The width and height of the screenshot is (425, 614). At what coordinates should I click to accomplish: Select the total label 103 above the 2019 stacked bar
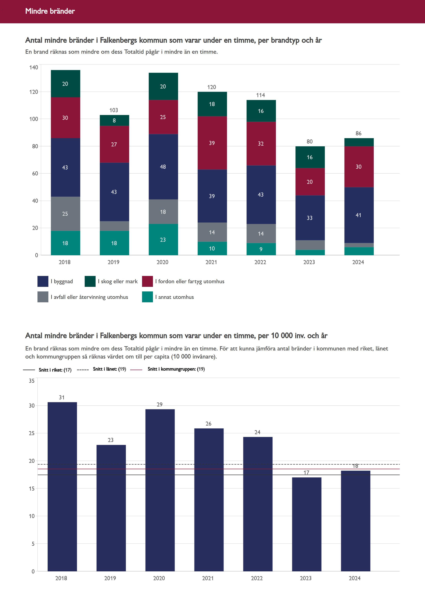click(114, 110)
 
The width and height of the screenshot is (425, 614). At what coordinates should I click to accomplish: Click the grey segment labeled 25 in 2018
click(65, 214)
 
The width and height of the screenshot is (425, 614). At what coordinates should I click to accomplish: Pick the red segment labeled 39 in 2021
click(212, 143)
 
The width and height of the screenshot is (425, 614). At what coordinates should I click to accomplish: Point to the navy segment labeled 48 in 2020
click(163, 167)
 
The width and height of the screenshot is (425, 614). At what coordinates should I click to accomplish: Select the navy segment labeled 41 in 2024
click(359, 215)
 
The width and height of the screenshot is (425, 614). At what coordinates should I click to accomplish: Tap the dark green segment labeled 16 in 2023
click(310, 157)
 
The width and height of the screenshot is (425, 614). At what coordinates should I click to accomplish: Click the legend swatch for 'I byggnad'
click(43, 281)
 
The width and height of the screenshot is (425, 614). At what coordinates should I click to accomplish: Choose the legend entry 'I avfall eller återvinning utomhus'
click(89, 297)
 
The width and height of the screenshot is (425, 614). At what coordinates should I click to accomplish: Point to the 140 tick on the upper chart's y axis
click(34, 67)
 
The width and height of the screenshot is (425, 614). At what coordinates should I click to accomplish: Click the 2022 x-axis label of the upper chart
click(260, 262)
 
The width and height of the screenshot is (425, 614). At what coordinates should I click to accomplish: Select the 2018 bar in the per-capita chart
click(62, 487)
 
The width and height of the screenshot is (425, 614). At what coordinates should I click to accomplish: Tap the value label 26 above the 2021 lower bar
click(209, 424)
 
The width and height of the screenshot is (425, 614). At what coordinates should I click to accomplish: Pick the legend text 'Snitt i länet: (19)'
click(109, 369)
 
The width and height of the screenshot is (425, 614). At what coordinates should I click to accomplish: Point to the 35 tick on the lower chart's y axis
click(32, 381)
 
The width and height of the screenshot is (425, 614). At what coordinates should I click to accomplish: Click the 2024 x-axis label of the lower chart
click(355, 578)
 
